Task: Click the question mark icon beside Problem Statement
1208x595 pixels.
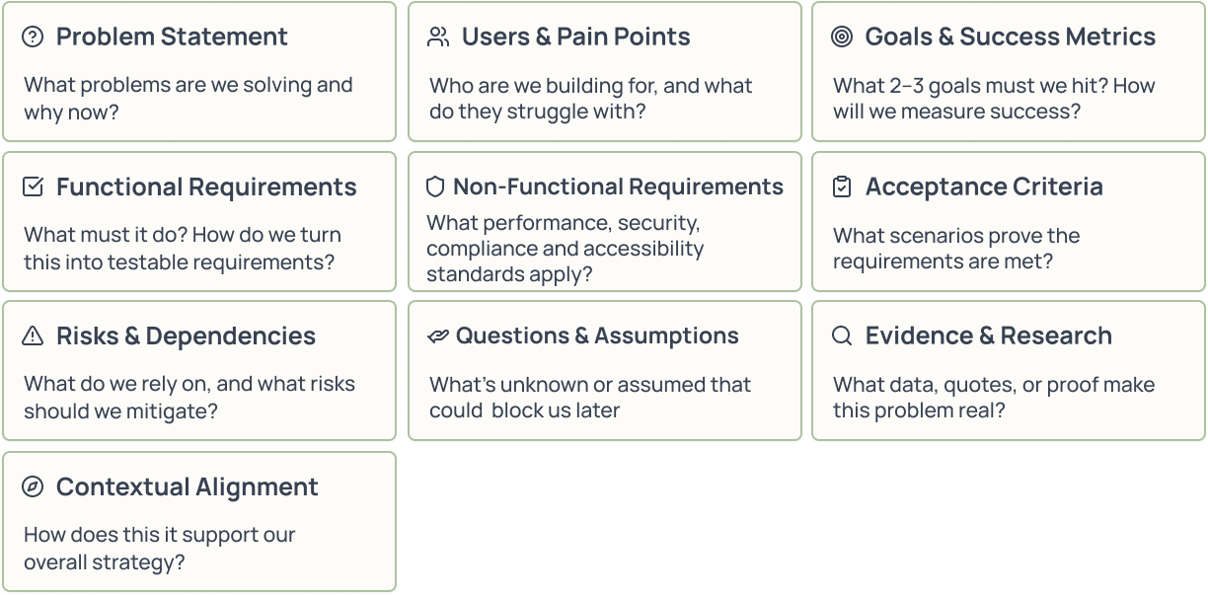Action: [33, 37]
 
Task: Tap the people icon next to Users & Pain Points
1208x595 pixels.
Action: [438, 37]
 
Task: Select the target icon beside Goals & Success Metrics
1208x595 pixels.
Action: [842, 37]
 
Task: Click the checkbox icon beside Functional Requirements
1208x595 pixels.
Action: [33, 186]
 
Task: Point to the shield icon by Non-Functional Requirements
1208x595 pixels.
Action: [435, 186]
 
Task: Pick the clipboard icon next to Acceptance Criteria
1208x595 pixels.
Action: [842, 186]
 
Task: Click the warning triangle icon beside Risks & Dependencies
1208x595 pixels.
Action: [33, 336]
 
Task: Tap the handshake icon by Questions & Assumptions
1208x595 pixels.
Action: [437, 336]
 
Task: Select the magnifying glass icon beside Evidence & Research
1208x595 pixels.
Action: [842, 336]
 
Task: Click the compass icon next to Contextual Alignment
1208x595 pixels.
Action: [33, 486]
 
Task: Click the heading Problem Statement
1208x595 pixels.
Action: [172, 37]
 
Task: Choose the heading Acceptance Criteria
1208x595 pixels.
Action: [984, 186]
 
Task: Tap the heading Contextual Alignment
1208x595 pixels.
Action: [187, 486]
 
